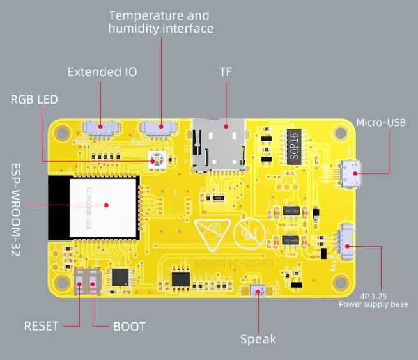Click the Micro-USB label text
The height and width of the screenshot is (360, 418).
click(380, 122)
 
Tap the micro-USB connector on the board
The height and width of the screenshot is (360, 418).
click(350, 173)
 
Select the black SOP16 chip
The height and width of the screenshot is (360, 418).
click(293, 146)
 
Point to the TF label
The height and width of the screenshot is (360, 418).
click(225, 72)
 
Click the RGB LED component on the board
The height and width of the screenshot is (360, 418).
click(155, 160)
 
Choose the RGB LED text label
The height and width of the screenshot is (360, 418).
click(34, 99)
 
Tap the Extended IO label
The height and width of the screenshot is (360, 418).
click(102, 72)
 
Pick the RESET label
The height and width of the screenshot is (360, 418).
click(42, 326)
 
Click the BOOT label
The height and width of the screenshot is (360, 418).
click(129, 326)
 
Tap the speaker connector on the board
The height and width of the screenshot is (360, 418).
click(259, 291)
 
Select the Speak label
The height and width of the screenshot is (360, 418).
click(258, 339)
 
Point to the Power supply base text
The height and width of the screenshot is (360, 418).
click(373, 304)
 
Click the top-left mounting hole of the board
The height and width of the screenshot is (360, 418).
click(62, 133)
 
